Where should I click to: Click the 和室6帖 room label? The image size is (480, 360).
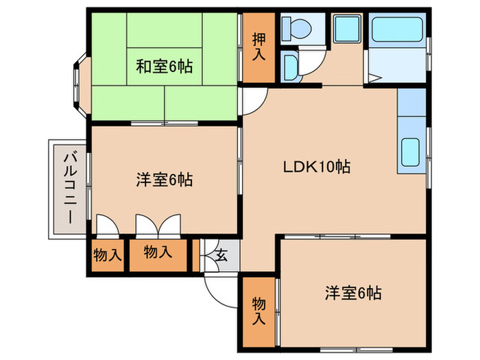tap(163, 67)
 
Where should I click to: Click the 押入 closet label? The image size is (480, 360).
tap(259, 47)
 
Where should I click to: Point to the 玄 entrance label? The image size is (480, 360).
tap(222, 257)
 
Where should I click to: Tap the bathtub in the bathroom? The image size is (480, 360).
tap(396, 31)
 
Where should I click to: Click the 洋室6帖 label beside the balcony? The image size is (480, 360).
tap(163, 180)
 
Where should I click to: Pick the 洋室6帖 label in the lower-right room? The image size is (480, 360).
tap(352, 293)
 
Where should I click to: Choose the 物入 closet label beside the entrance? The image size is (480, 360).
tap(158, 252)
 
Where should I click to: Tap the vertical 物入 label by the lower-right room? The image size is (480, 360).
tap(259, 310)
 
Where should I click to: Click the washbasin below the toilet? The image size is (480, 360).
tap(291, 66)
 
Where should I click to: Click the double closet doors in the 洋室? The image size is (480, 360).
tap(158, 225)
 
